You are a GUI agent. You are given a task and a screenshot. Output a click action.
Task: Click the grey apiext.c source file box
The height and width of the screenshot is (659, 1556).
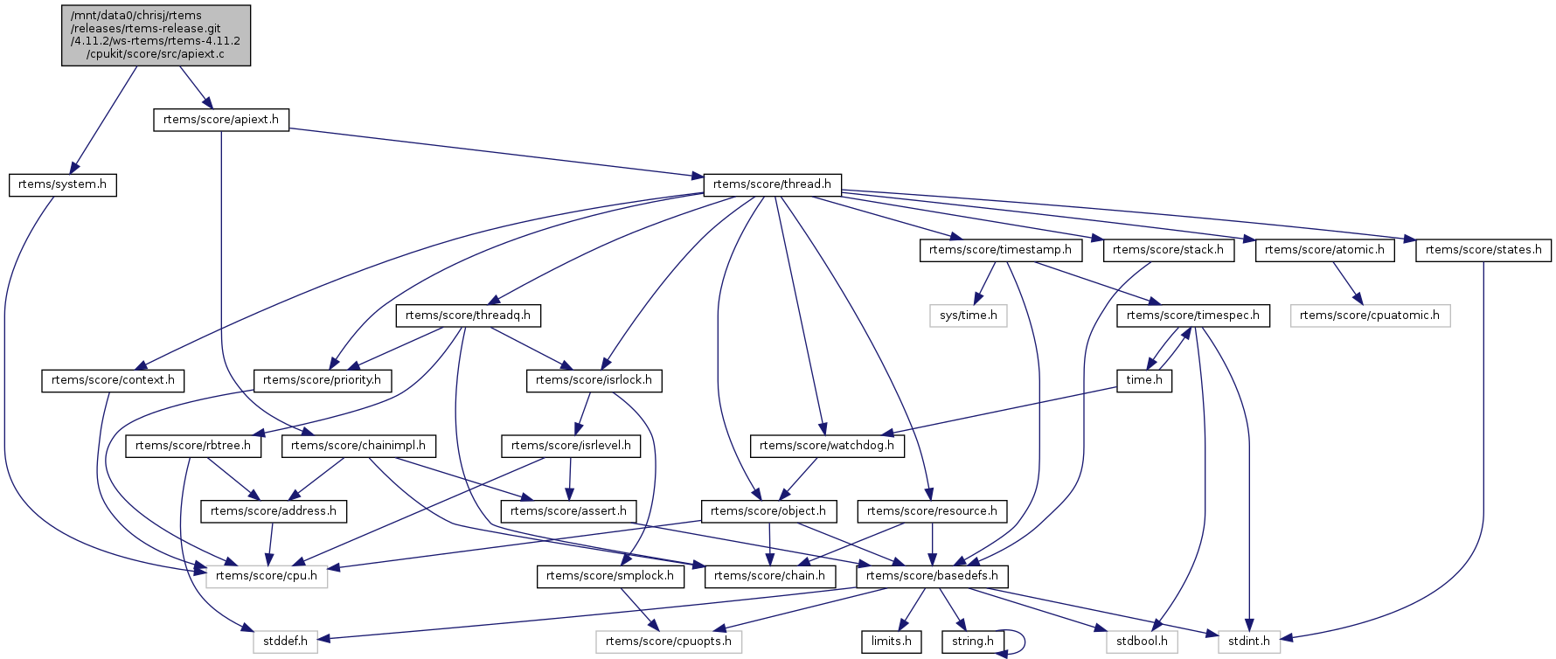(156, 35)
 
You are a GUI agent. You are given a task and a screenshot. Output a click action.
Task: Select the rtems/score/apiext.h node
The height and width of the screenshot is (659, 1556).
(221, 120)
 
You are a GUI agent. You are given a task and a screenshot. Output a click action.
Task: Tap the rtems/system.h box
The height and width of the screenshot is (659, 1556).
(62, 184)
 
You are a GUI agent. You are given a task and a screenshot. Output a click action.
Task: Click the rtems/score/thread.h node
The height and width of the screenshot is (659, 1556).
(772, 184)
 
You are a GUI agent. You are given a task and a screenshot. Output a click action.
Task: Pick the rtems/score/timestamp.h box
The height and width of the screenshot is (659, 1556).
(1000, 250)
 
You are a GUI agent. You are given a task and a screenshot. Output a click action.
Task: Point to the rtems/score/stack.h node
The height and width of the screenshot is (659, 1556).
(1169, 250)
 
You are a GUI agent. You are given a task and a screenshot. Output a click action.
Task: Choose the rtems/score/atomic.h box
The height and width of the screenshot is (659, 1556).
(1324, 250)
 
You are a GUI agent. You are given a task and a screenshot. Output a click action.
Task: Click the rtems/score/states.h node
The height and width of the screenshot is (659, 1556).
(1483, 250)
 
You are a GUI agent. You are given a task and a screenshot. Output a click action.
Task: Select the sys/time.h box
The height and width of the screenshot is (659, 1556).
(968, 316)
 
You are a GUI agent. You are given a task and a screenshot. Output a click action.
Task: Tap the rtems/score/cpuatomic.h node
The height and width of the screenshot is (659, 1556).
(1369, 316)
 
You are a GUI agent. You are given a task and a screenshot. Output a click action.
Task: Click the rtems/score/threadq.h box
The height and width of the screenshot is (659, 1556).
(468, 316)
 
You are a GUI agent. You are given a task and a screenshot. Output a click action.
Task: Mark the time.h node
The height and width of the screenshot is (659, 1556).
(1144, 380)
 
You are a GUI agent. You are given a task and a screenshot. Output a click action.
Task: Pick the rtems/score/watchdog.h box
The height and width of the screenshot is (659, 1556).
(827, 446)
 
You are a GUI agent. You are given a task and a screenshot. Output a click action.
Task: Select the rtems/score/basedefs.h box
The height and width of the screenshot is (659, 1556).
(932, 576)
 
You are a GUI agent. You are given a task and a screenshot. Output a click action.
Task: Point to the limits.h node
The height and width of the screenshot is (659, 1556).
(891, 642)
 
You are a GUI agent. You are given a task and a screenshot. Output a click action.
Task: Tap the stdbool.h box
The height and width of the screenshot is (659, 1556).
(1142, 642)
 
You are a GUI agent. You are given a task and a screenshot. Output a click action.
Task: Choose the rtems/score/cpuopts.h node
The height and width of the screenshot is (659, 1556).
(669, 642)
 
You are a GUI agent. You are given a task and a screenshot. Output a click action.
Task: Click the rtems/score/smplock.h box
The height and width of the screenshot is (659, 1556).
(610, 576)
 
